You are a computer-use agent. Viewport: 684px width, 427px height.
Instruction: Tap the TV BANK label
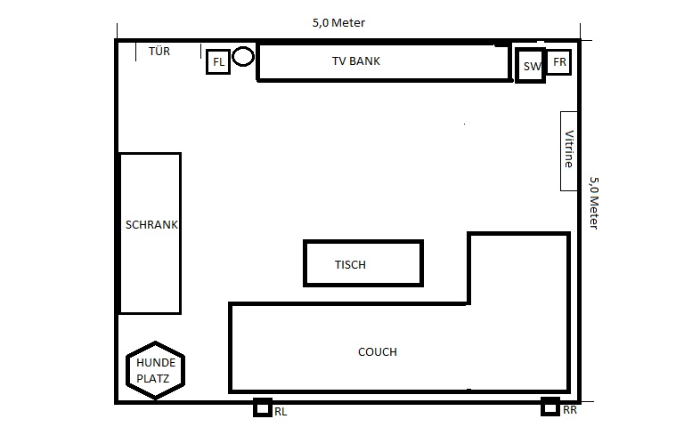356,61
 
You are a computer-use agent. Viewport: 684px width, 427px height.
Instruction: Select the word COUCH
378,352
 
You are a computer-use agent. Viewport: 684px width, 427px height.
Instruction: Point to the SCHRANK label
151,225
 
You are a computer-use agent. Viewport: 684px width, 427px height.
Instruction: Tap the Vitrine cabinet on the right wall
569,151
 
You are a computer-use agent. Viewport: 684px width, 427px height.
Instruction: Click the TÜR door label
159,51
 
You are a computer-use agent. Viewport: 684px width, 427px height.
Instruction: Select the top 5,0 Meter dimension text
338,22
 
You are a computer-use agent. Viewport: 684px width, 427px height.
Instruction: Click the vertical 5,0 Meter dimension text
594,203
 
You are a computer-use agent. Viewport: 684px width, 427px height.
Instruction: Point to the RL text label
281,412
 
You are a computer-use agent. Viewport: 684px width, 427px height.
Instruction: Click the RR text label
570,410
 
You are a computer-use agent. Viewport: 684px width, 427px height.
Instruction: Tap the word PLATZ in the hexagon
152,379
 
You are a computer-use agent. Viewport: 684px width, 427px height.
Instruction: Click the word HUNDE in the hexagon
156,363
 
